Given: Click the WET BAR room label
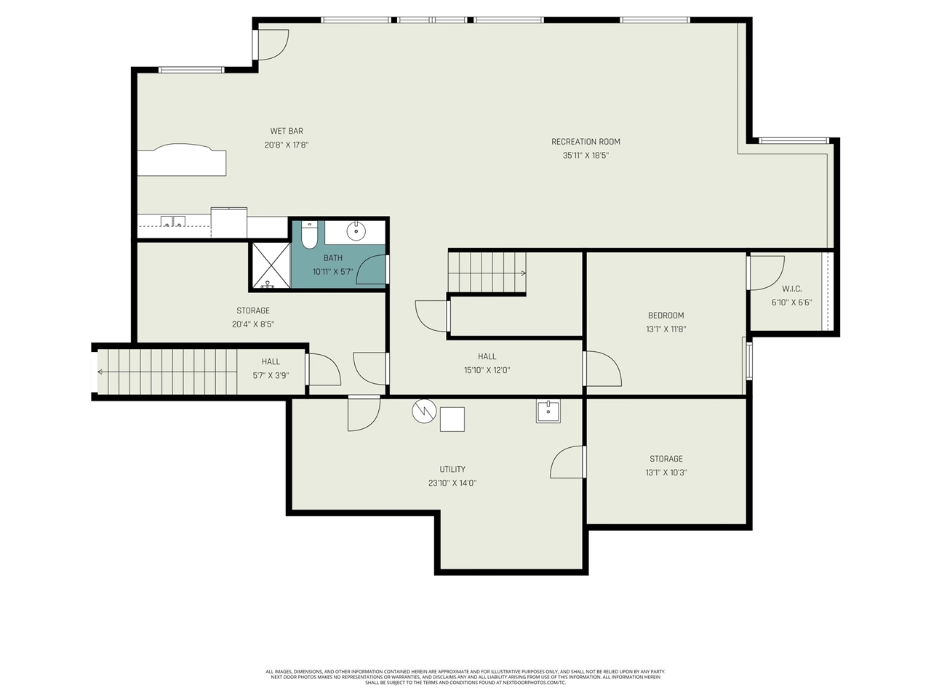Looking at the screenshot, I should tap(286, 132).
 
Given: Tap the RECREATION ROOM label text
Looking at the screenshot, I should tap(586, 142).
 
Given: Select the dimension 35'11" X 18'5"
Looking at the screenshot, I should tap(586, 156).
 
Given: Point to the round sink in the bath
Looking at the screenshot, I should tap(356, 232).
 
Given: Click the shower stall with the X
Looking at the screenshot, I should tap(271, 266).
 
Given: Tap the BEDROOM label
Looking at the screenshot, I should tap(666, 316).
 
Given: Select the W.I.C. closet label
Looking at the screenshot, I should tap(791, 289).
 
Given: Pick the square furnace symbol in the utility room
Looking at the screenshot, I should tap(452, 420).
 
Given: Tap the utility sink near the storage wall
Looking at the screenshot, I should tap(548, 411).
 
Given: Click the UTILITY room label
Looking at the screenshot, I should tap(452, 470).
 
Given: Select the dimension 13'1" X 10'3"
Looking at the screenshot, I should tap(666, 473).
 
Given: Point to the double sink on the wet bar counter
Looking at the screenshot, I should tap(172, 222).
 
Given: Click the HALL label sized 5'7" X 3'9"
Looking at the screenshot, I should tap(271, 362).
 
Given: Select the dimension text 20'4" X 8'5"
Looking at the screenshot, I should tap(253, 325).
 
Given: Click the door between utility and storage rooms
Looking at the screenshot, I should tap(569, 462).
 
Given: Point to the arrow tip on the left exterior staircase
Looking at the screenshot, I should tap(100, 372).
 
